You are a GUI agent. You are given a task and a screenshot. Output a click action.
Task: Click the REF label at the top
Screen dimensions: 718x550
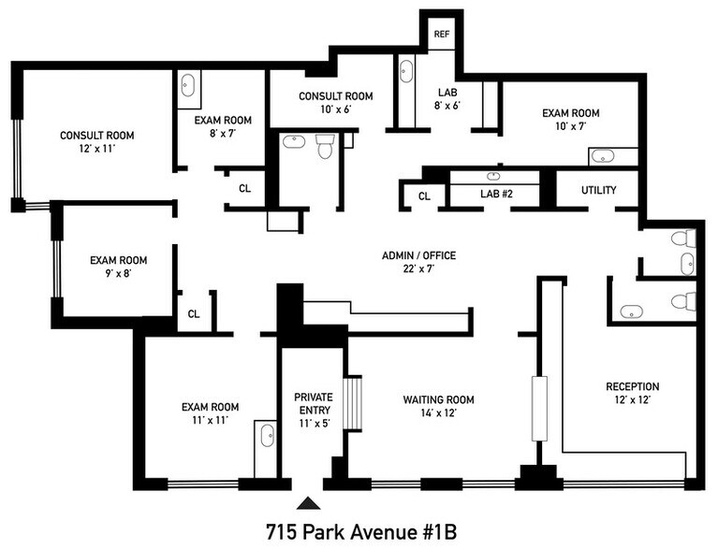442,34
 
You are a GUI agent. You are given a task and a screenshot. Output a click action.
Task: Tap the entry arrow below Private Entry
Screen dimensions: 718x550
309,503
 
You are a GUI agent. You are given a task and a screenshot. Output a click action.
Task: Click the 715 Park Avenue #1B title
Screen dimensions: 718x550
361,532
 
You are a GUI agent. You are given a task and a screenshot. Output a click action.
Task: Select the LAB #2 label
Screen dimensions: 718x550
496,194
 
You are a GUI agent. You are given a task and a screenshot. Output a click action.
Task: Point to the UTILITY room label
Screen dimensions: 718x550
598,190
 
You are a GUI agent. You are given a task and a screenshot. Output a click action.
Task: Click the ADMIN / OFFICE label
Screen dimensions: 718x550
419,255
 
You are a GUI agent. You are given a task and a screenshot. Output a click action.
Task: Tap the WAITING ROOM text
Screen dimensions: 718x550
439,399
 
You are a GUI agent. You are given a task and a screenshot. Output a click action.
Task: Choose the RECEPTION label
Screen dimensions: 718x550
633,386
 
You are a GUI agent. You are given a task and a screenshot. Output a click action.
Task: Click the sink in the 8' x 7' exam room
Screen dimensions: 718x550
188,85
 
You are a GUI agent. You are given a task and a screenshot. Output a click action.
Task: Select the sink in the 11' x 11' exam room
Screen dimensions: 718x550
268,435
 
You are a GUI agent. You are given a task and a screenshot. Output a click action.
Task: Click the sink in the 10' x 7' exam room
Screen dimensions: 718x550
603,157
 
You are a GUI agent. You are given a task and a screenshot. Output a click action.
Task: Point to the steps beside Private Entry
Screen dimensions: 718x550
353,403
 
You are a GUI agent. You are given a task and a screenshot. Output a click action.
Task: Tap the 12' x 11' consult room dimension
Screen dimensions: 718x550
96,148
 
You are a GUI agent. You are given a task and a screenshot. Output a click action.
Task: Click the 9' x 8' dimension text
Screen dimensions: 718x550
118,273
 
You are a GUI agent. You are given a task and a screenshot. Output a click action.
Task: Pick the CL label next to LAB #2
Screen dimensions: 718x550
424,196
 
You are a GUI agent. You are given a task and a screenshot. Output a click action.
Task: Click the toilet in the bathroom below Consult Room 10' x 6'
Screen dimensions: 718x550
325,146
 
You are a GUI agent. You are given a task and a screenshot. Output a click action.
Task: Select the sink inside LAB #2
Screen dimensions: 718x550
493,176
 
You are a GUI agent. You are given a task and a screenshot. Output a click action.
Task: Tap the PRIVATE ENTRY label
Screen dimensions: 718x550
314,403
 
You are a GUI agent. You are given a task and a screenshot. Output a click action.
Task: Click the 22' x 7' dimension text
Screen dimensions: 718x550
418,268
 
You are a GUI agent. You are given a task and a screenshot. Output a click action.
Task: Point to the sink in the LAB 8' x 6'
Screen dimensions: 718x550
406,71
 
